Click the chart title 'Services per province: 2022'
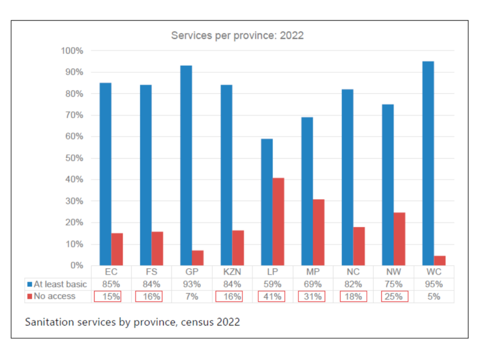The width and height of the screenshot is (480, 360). [237, 36]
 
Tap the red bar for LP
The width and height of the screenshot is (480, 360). [278, 222]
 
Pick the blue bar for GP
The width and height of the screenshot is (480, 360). [186, 165]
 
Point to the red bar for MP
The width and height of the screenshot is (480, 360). [318, 232]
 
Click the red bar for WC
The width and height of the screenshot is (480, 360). [439, 261]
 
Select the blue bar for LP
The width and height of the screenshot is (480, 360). [267, 202]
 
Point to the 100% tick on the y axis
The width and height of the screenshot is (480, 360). [72, 51]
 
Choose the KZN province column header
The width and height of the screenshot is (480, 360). [232, 272]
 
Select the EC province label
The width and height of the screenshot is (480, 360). [111, 272]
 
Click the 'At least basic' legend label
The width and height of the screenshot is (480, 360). [60, 284]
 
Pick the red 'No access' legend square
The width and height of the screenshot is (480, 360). [30, 296]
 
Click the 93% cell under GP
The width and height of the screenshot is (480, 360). [192, 284]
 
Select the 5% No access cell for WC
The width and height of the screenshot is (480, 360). [434, 296]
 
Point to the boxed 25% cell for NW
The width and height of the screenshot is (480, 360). [393, 296]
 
